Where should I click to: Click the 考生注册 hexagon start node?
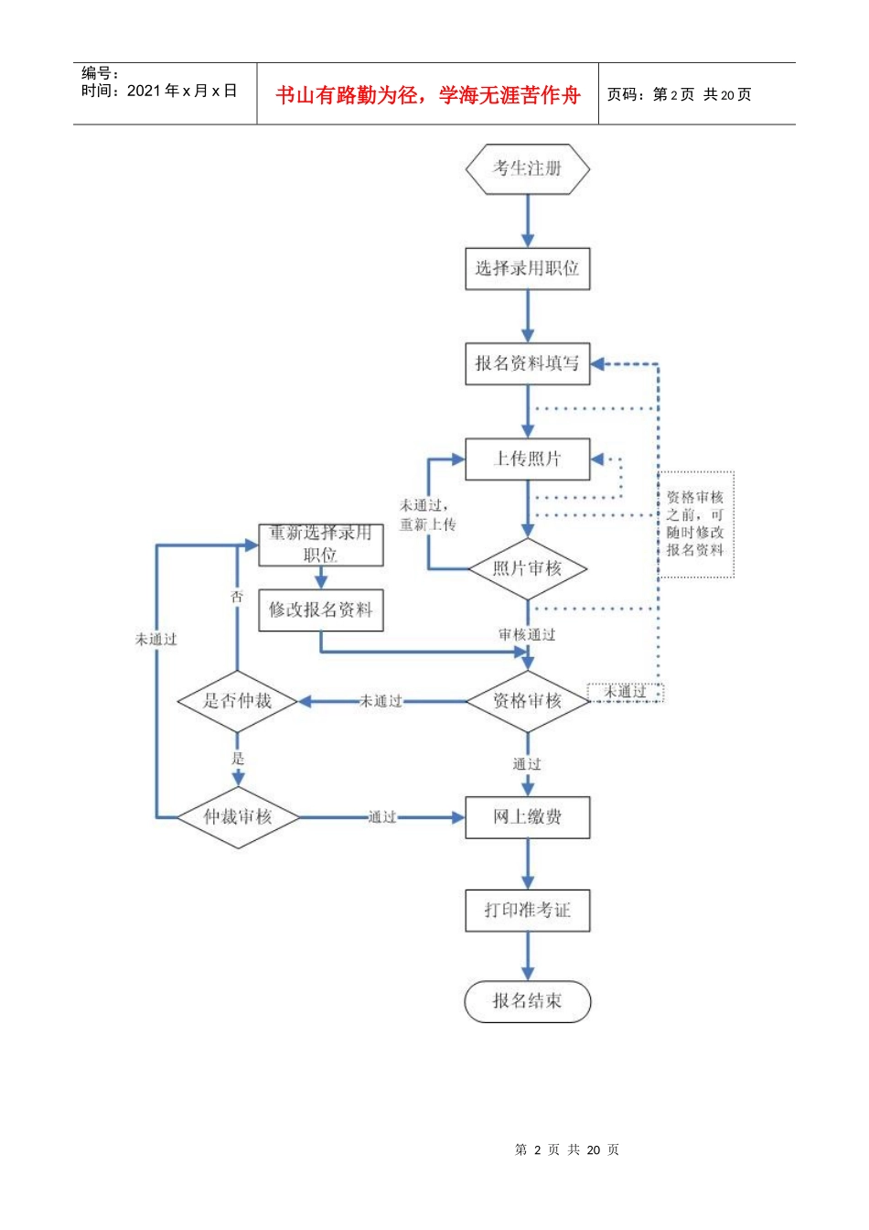point(527,169)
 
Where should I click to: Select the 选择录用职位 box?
point(527,269)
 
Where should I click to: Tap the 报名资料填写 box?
point(527,364)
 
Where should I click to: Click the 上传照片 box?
point(527,459)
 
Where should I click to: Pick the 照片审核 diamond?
point(527,569)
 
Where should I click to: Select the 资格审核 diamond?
point(527,701)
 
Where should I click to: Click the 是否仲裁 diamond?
point(238,701)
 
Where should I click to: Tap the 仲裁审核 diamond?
point(238,816)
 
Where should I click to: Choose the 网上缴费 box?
point(527,817)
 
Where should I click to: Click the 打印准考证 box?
point(527,911)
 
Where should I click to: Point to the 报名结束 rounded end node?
point(527,1001)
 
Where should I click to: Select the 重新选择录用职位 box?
point(320,545)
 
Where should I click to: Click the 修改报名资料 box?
point(320,610)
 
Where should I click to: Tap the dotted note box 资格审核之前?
point(695,524)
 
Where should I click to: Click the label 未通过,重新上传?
point(426,515)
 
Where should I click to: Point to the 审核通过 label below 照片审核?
point(527,634)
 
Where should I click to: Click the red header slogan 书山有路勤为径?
point(428,95)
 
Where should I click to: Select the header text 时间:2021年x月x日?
point(159,91)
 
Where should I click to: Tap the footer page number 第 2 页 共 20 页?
point(567,1149)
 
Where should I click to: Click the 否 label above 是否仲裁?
point(237,597)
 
